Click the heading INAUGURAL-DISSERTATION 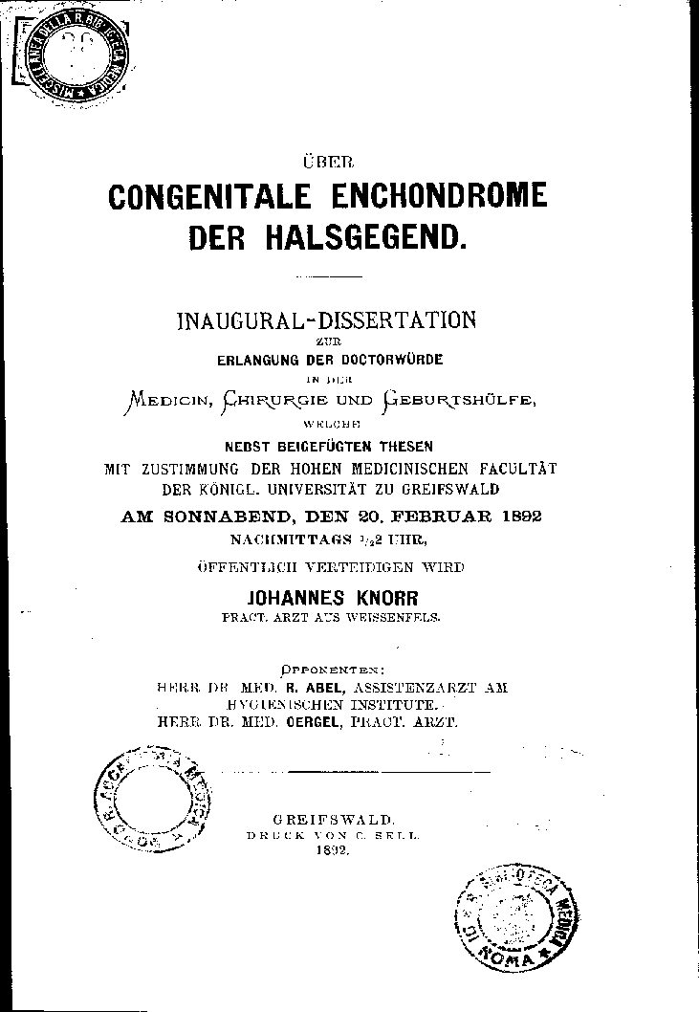pyautogui.click(x=326, y=319)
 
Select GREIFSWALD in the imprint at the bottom pyautogui.click(x=333, y=820)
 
